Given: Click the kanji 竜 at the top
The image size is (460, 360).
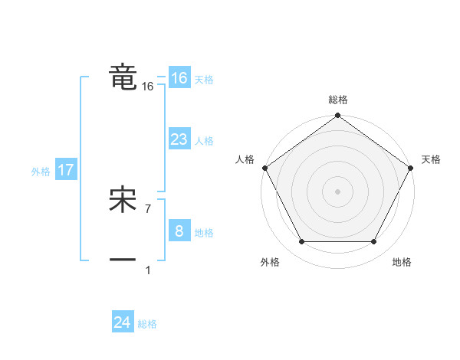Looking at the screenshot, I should tap(123, 77).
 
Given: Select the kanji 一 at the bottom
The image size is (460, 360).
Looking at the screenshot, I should tap(123, 260).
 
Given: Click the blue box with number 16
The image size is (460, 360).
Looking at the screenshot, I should tap(179, 78).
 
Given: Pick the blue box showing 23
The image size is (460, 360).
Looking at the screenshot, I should tap(179, 139).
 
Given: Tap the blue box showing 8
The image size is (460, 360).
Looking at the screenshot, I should tap(179, 231).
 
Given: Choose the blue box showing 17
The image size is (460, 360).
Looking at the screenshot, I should tap(65, 170).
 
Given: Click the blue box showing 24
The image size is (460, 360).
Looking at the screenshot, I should tap(123, 322).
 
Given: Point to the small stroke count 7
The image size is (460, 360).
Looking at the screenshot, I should tap(148, 208).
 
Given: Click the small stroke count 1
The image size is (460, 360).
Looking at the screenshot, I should tap(148, 270).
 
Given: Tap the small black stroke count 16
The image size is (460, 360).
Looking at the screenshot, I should tap(148, 87).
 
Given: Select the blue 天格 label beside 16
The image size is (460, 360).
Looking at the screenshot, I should tap(204, 80).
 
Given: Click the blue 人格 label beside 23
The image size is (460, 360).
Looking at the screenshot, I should tap(204, 141).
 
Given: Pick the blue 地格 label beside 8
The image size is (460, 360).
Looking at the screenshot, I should tap(204, 233).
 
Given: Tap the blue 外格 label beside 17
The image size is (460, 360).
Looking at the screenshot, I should tap(41, 172).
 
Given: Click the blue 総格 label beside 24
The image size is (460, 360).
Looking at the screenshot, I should tap(147, 324).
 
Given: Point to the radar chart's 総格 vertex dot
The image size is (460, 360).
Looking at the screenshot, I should tap(337, 116).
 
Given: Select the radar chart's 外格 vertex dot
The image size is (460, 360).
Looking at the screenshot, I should tap(301, 242).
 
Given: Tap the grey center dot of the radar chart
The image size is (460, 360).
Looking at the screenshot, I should tap(337, 191).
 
